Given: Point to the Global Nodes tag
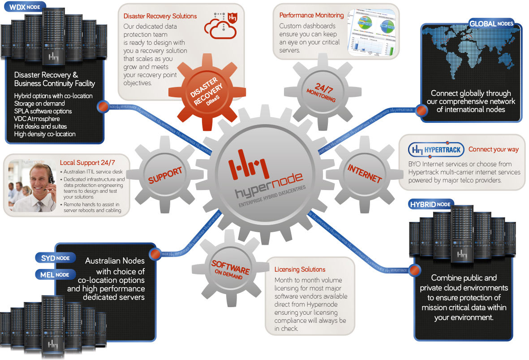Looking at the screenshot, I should pos(490,23).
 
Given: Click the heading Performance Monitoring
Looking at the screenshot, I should pos(311,15).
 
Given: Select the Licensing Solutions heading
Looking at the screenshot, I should pos(300,269).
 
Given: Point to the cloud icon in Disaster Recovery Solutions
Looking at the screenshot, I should pos(219,28).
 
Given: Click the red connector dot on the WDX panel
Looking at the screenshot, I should pos(103,107).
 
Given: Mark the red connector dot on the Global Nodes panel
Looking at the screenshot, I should pos(421,110).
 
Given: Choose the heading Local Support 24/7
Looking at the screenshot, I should pos(88,163).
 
